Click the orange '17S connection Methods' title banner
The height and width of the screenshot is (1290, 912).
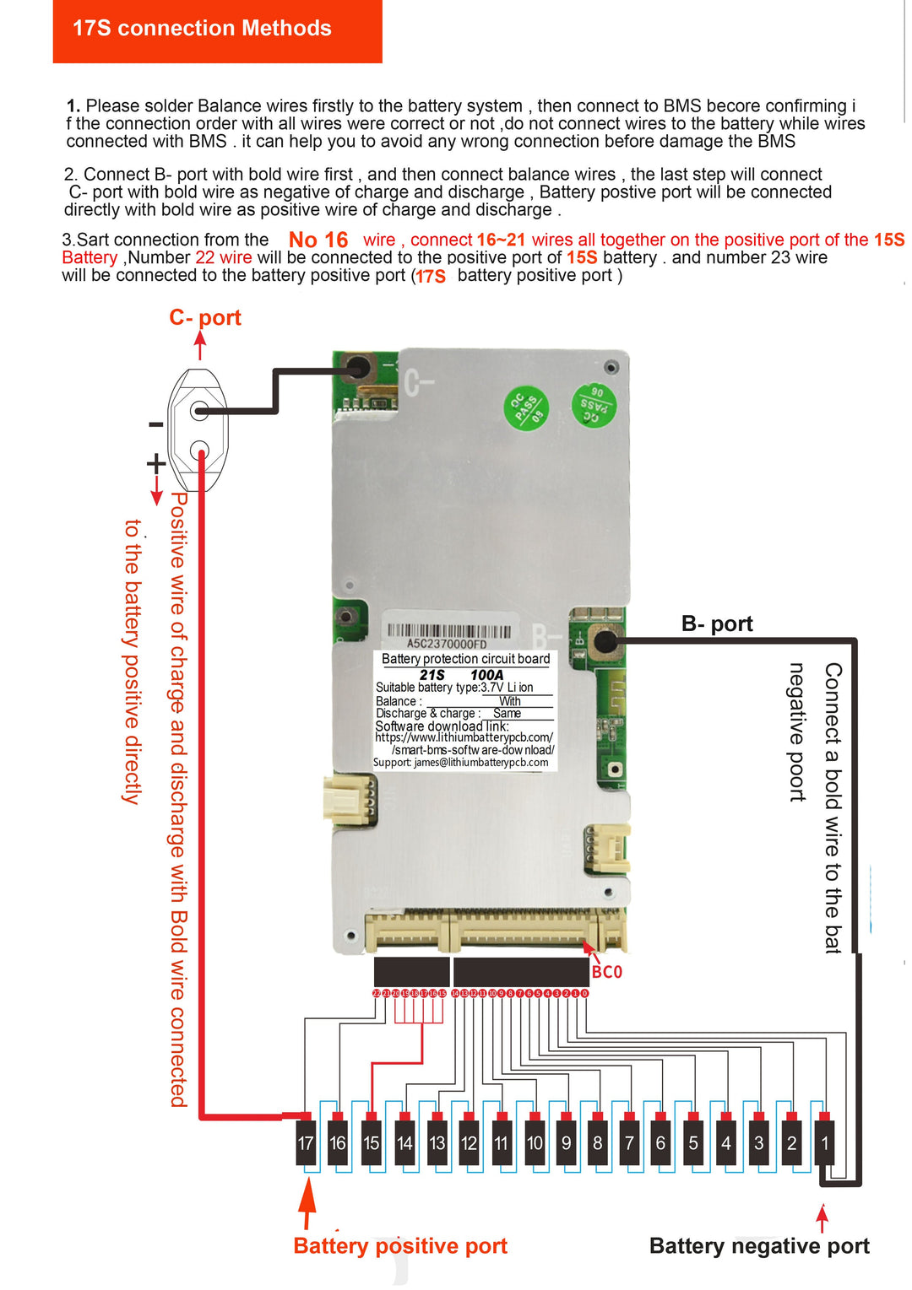[217, 30]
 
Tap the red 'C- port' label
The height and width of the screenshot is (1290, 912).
[205, 317]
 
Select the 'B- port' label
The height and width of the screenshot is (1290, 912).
[717, 623]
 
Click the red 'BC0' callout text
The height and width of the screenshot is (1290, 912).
[606, 972]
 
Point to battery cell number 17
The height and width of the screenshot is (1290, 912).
[306, 1143]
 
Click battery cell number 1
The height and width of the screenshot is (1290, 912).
[825, 1143]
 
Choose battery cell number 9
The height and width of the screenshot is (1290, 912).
[566, 1143]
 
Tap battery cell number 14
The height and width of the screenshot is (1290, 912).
[404, 1143]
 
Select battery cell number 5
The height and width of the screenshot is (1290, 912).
[693, 1143]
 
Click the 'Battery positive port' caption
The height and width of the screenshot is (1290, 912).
[400, 1246]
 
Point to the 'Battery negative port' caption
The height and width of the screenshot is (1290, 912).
[759, 1246]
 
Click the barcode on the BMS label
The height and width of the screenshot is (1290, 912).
[448, 631]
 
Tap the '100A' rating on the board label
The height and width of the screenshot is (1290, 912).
[486, 675]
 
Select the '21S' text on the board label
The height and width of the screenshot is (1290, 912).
[432, 675]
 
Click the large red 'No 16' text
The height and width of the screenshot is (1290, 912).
[318, 240]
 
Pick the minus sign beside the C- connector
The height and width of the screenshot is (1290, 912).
[155, 424]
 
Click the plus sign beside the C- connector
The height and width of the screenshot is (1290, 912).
[155, 463]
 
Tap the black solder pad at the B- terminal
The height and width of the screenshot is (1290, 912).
[605, 641]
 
